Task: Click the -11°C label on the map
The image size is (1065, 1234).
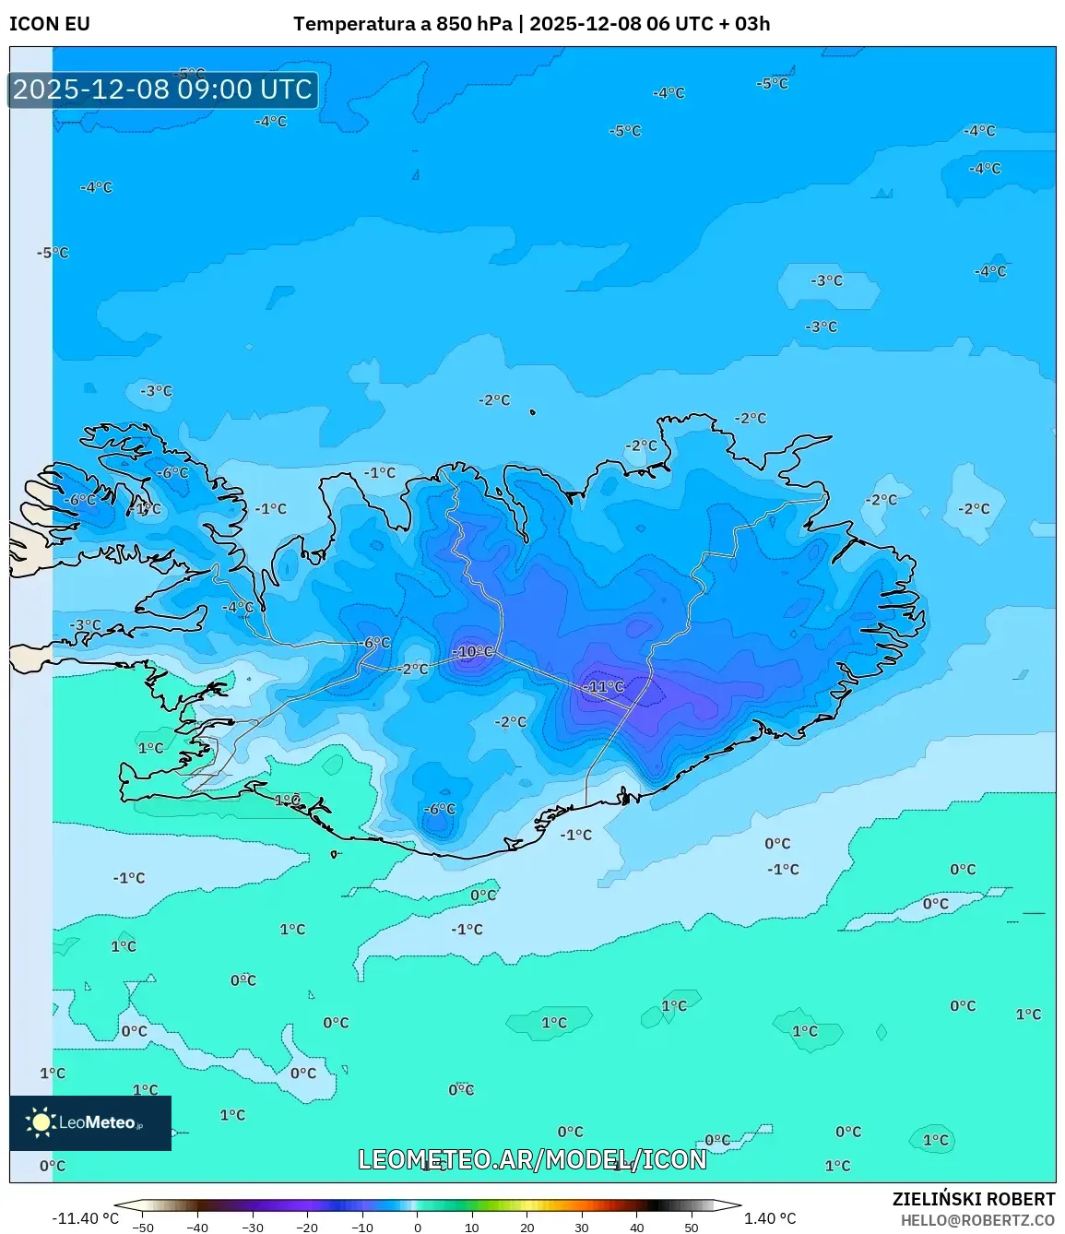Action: click(x=603, y=686)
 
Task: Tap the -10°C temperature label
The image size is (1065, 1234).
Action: click(x=472, y=651)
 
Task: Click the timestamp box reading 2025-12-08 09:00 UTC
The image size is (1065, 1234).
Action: click(x=163, y=89)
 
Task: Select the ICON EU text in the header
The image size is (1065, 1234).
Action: click(x=50, y=24)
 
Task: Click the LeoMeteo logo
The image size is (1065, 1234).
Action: click(x=90, y=1122)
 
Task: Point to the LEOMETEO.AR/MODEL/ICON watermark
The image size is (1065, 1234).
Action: click(x=532, y=1159)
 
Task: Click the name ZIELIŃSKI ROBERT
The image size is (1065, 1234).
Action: click(x=973, y=1199)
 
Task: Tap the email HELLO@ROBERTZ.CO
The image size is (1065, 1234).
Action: click(x=977, y=1220)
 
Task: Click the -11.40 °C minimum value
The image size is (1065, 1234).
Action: click(x=85, y=1218)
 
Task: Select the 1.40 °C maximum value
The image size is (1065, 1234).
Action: click(x=770, y=1218)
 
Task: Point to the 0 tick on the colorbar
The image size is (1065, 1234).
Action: click(x=418, y=1228)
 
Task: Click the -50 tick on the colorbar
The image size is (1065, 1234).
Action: click(x=143, y=1228)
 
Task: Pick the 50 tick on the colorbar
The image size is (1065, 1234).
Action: click(x=692, y=1228)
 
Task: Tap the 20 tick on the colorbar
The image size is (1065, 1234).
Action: click(x=527, y=1228)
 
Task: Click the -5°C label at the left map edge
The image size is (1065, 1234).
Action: click(x=53, y=253)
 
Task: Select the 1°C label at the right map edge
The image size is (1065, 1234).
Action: click(x=1028, y=1014)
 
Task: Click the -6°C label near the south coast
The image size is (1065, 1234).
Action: click(x=440, y=809)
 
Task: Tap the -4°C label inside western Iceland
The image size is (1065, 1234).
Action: click(x=238, y=607)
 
